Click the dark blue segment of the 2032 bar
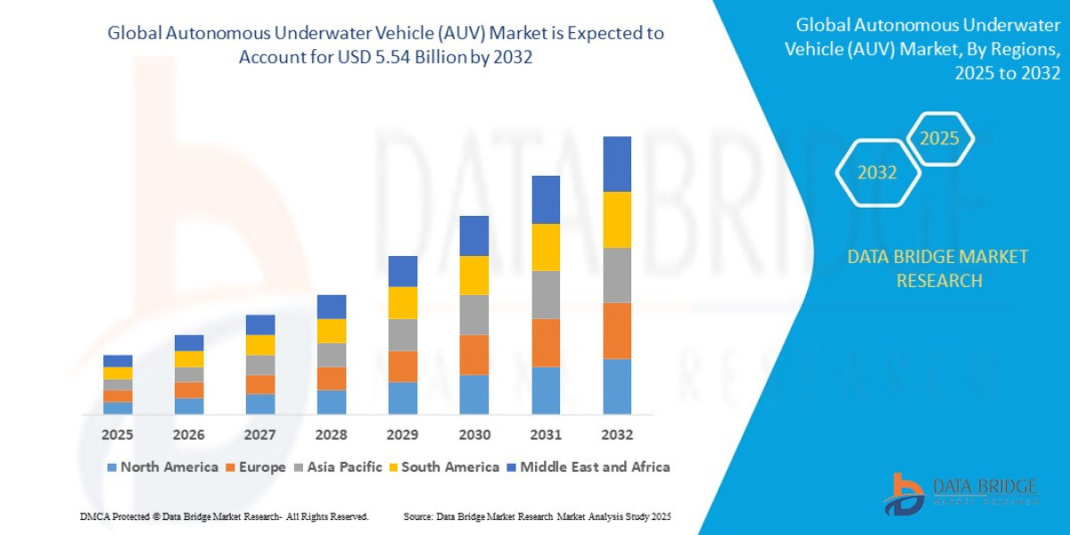click(617, 164)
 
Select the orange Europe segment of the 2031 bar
click(546, 342)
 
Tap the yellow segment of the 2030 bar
click(474, 276)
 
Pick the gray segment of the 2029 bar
click(403, 335)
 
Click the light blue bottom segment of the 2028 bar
click(332, 402)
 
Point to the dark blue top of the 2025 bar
click(118, 361)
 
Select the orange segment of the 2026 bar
click(189, 390)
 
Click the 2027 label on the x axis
click(260, 435)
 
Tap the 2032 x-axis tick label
click(617, 435)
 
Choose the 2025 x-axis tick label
click(118, 435)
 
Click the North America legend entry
click(162, 467)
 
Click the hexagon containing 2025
click(939, 139)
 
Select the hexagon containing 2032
click(877, 173)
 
